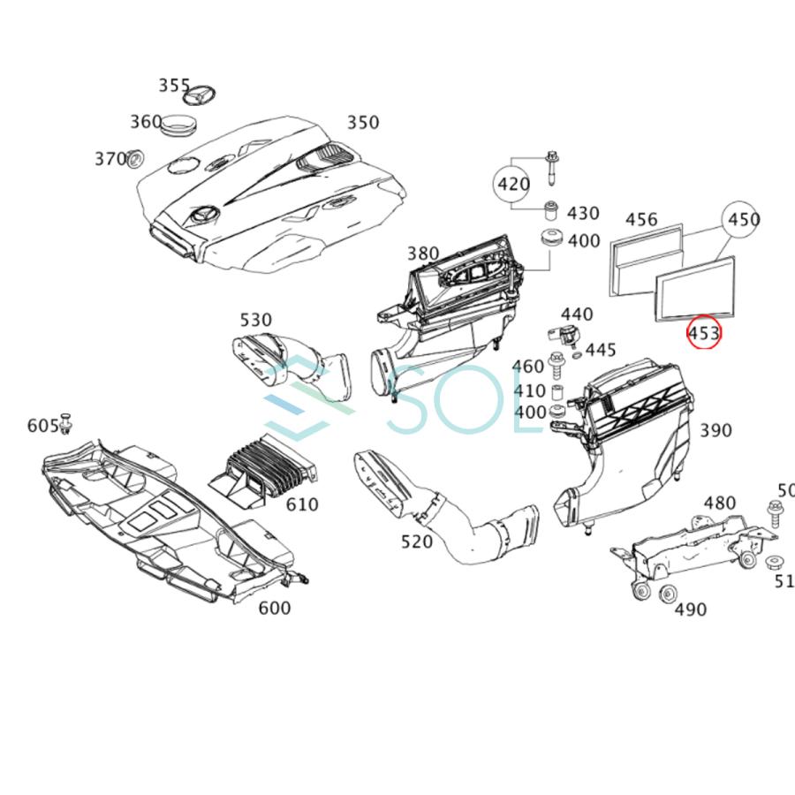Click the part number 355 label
pos(175,86)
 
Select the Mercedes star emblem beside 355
pos(204,95)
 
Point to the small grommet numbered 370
pos(135,161)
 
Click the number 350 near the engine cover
pos(362,122)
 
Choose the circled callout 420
pos(513,185)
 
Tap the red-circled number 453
pos(704,333)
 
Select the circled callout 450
pos(742,220)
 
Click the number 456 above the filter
pos(641,220)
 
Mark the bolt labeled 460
pos(556,361)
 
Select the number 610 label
pos(302,505)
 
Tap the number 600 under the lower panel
pos(274,608)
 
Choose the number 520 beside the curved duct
pos(417,541)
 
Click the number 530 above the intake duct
pos(255,320)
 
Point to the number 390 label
pos(715,431)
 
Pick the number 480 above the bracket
pos(719,503)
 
